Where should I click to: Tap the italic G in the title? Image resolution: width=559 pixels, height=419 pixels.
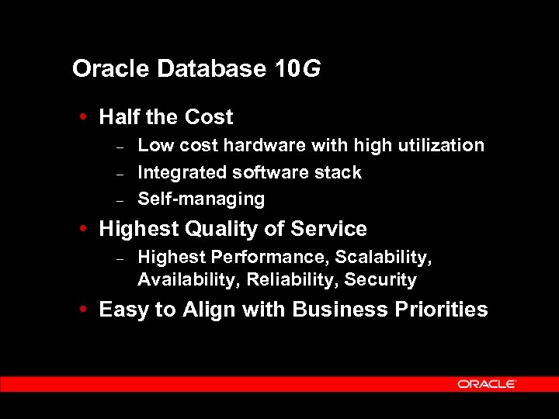(x=311, y=69)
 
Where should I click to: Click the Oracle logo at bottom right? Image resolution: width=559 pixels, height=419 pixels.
(x=487, y=384)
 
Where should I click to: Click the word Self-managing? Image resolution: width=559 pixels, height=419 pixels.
(x=201, y=199)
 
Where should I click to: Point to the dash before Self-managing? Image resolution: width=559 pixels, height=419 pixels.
(x=120, y=199)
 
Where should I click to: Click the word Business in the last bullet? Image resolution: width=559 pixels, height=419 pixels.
(x=336, y=310)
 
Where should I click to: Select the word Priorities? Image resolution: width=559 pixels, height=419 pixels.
(x=440, y=310)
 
